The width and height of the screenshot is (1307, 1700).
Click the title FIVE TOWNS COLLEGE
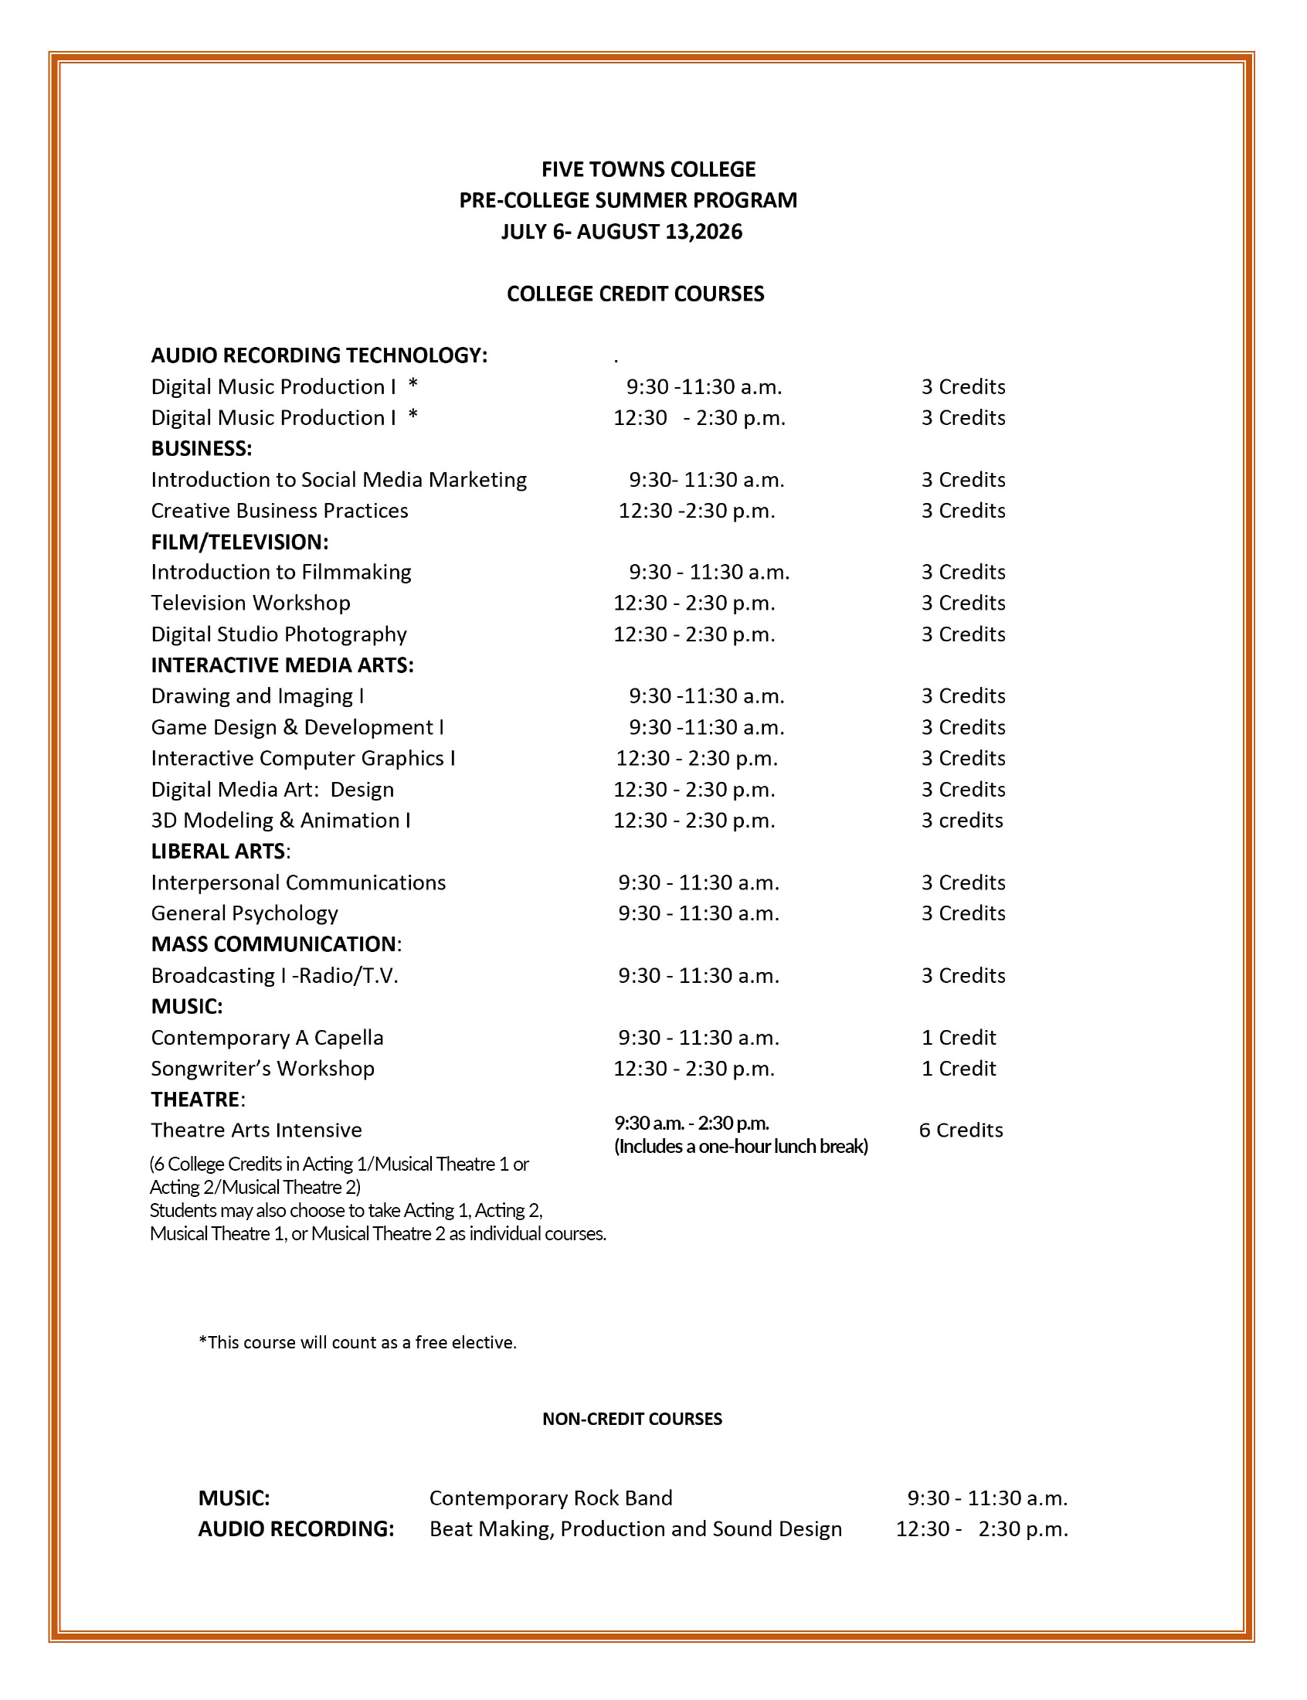tap(648, 169)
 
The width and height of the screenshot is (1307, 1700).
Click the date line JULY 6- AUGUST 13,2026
tap(622, 232)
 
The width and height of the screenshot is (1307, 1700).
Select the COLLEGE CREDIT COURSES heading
tap(635, 294)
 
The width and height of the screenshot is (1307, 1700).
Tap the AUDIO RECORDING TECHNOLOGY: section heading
tap(319, 355)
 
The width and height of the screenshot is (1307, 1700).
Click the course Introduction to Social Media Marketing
tap(338, 479)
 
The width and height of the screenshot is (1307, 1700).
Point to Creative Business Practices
tap(280, 511)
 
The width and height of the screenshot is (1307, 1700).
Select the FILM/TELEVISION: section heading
tap(239, 542)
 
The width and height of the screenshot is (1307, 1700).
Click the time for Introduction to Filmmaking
tap(709, 572)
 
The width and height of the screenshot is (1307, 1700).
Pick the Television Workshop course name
tap(250, 603)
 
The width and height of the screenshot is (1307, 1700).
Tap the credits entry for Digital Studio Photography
tap(963, 634)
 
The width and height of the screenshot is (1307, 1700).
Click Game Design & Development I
tap(297, 726)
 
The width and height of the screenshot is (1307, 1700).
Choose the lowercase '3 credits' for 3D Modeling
tap(962, 820)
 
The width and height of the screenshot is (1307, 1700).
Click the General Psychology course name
tap(244, 913)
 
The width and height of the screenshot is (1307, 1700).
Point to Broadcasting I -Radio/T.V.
tap(275, 975)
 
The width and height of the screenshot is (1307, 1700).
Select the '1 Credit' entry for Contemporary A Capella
tap(959, 1037)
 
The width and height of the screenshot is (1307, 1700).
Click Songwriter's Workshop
tap(262, 1068)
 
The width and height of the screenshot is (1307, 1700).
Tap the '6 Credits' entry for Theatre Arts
tap(961, 1130)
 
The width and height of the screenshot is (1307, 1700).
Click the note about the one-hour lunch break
tap(741, 1146)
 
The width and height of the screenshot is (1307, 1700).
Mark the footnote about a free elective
tap(357, 1342)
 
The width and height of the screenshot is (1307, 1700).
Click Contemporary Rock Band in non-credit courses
tap(551, 1498)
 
